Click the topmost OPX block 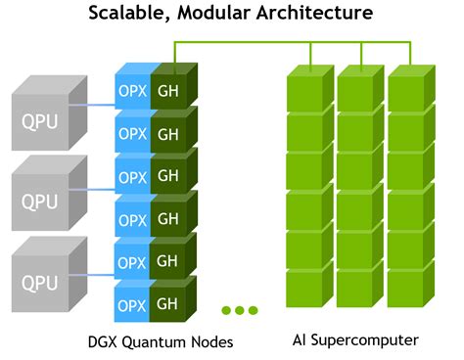(131, 90)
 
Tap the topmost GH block (167, 90)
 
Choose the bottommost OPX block (131, 304)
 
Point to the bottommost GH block (167, 304)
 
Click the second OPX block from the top (131, 133)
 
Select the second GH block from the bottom (167, 262)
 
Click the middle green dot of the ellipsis (239, 310)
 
